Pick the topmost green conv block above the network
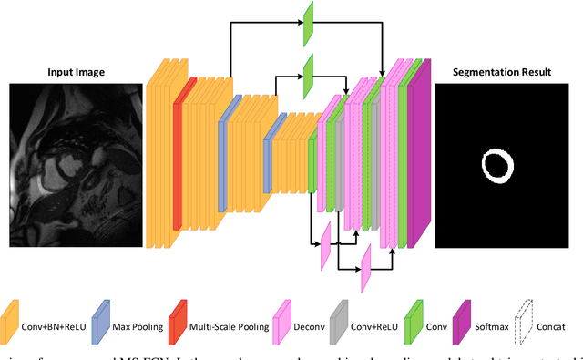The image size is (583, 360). (309, 23)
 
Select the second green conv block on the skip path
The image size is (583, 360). (309, 71)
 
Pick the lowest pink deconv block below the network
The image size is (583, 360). (365, 264)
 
